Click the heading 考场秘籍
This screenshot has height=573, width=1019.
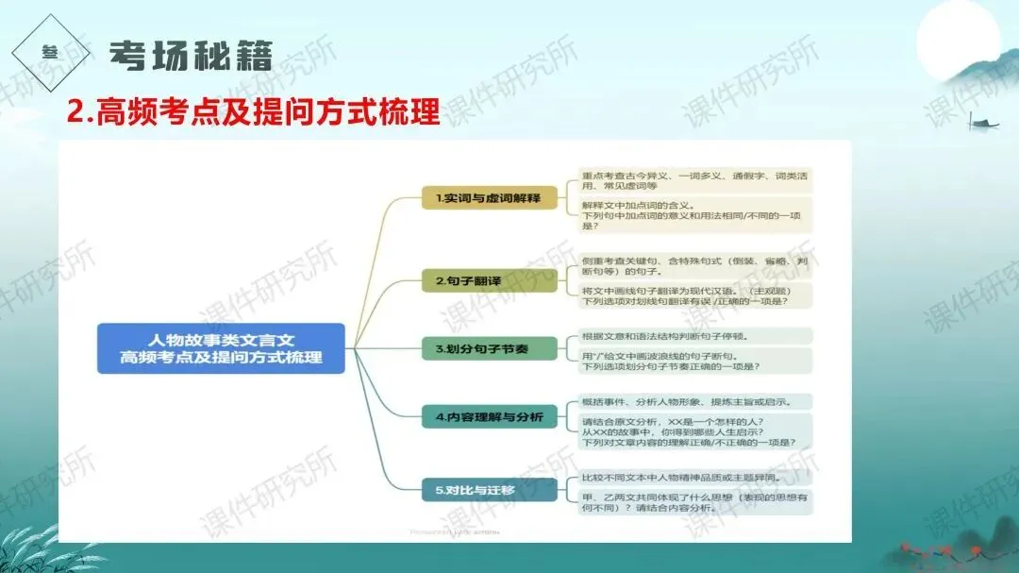(x=191, y=56)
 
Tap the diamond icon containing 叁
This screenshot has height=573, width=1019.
(x=51, y=55)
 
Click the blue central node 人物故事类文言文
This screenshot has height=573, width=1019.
(x=221, y=347)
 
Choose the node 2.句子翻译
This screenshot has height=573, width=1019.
(x=476, y=280)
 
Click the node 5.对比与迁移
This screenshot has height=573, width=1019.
(x=476, y=490)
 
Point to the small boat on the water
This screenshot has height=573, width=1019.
(x=983, y=121)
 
